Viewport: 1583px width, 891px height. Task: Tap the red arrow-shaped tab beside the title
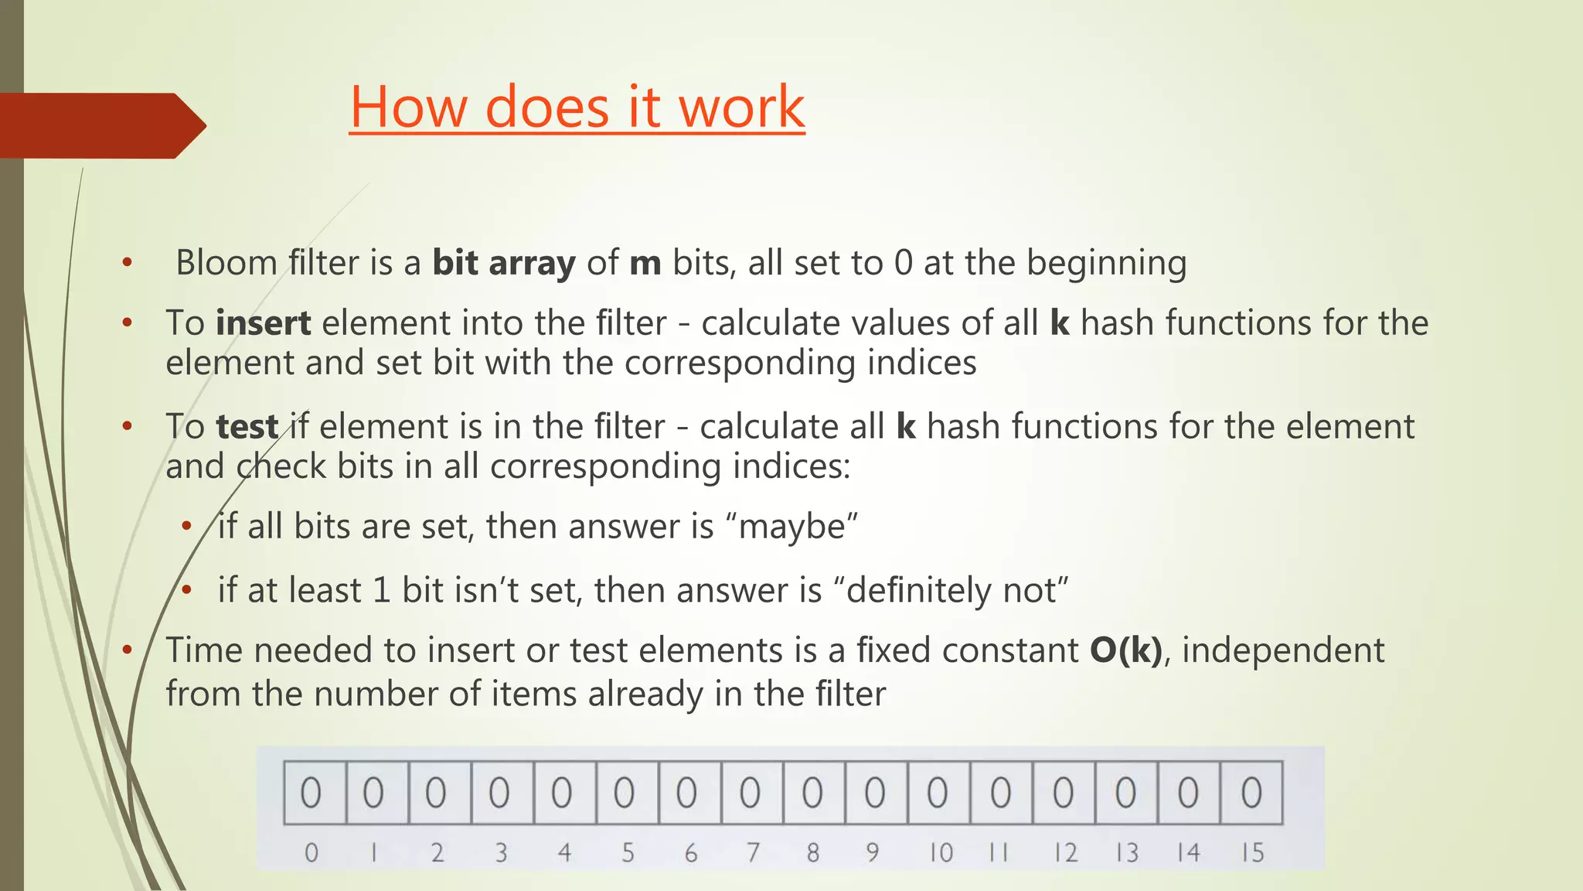tap(100, 125)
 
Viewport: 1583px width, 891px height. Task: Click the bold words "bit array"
tap(503, 263)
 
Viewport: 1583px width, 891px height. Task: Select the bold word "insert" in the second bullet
tap(263, 323)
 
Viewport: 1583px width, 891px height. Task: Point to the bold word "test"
tap(247, 427)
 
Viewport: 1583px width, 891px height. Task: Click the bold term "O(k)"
tap(1126, 650)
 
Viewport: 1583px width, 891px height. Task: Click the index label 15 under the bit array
tap(1252, 853)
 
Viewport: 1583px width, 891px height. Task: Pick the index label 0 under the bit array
tap(311, 853)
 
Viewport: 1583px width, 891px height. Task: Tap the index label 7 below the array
tap(752, 853)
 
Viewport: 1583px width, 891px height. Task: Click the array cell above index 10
tap(938, 793)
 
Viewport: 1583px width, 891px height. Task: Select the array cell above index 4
tap(563, 793)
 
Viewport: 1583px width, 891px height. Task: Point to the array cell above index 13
tap(1126, 793)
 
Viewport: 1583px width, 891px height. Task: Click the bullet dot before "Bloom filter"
tap(128, 263)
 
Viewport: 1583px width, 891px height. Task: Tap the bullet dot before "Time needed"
tap(128, 650)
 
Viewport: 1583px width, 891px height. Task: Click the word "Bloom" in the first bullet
tap(226, 263)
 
